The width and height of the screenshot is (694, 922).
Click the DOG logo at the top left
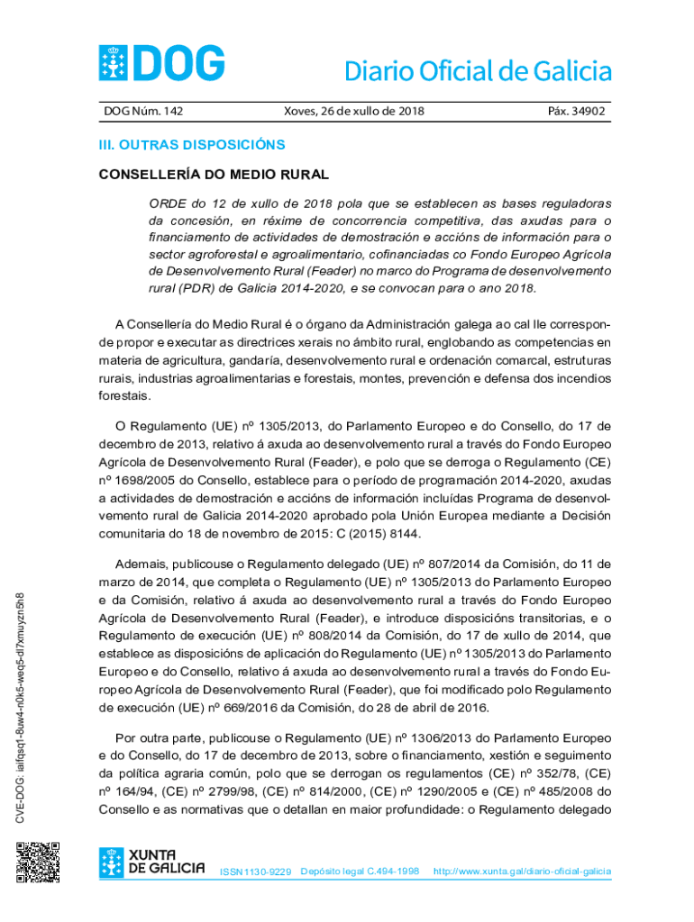161,64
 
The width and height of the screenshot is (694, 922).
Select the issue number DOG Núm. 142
144,112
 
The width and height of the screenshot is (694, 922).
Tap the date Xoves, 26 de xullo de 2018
353,112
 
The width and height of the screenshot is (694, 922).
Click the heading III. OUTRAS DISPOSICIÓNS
192,144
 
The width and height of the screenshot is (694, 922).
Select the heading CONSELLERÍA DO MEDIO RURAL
214,174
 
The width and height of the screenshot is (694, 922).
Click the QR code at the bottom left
38,862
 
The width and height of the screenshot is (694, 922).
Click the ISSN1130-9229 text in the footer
256,872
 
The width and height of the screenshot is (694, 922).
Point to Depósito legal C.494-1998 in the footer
360,872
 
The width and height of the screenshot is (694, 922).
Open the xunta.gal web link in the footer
522,872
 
